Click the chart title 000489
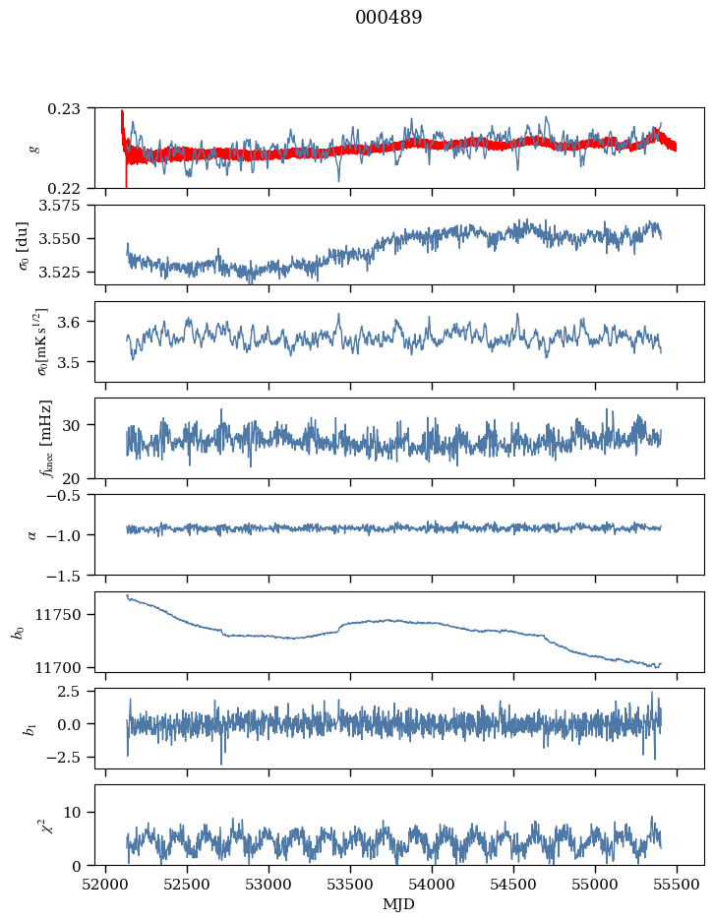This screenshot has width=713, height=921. pyautogui.click(x=388, y=19)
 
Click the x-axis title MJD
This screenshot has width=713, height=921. pyautogui.click(x=399, y=903)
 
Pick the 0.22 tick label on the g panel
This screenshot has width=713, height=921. pyautogui.click(x=70, y=188)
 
